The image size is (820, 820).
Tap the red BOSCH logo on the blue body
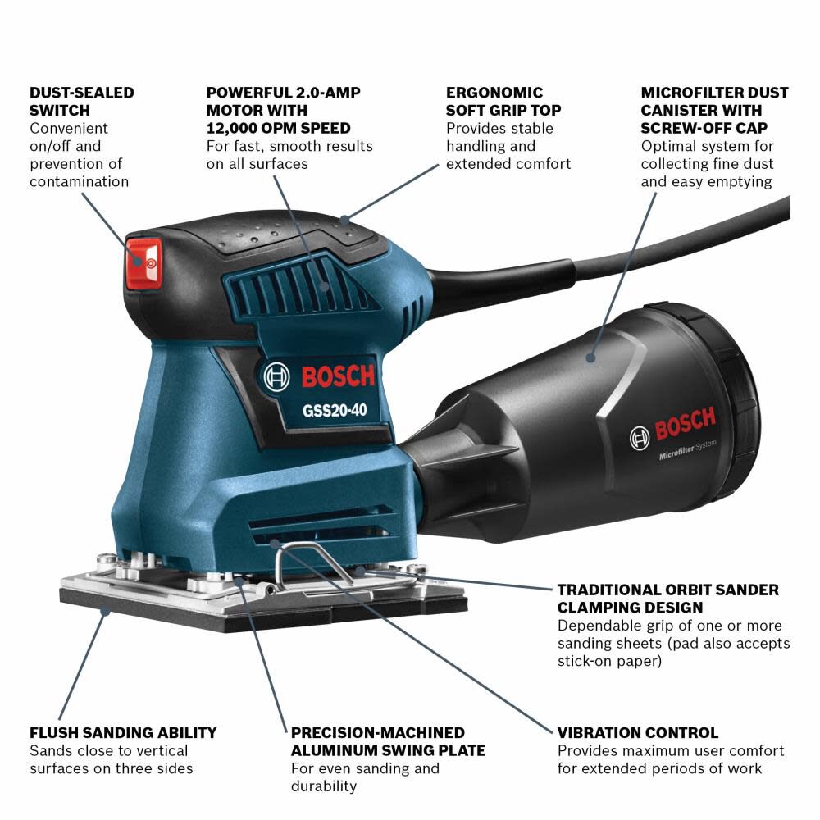click(337, 377)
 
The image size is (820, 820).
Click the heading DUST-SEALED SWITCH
click(81, 102)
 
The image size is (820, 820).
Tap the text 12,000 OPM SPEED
click(278, 128)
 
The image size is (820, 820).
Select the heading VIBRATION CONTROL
click(637, 732)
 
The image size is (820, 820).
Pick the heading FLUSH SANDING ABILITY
click(123, 732)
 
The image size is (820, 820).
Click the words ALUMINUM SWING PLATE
click(388, 750)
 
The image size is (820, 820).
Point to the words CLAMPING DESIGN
click(630, 608)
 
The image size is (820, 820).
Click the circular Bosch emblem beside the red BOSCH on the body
click(277, 378)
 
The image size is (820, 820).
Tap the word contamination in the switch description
click(80, 181)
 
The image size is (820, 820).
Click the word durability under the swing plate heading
click(324, 786)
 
